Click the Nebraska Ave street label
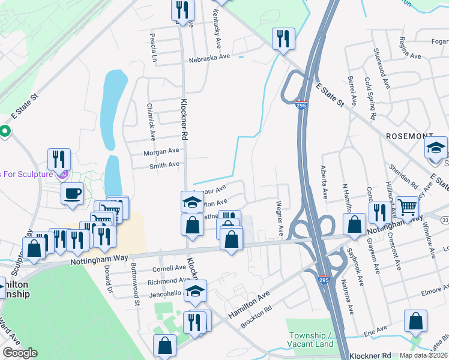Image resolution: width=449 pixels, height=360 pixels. coord(209,57)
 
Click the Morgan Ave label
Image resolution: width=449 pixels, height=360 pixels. coord(161,151)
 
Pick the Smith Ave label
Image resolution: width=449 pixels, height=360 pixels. coord(164,164)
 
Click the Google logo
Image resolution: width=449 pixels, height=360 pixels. coord(20,353)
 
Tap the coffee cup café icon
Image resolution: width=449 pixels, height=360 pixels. coord(73,193)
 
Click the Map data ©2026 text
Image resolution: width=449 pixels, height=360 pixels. coord(424,355)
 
